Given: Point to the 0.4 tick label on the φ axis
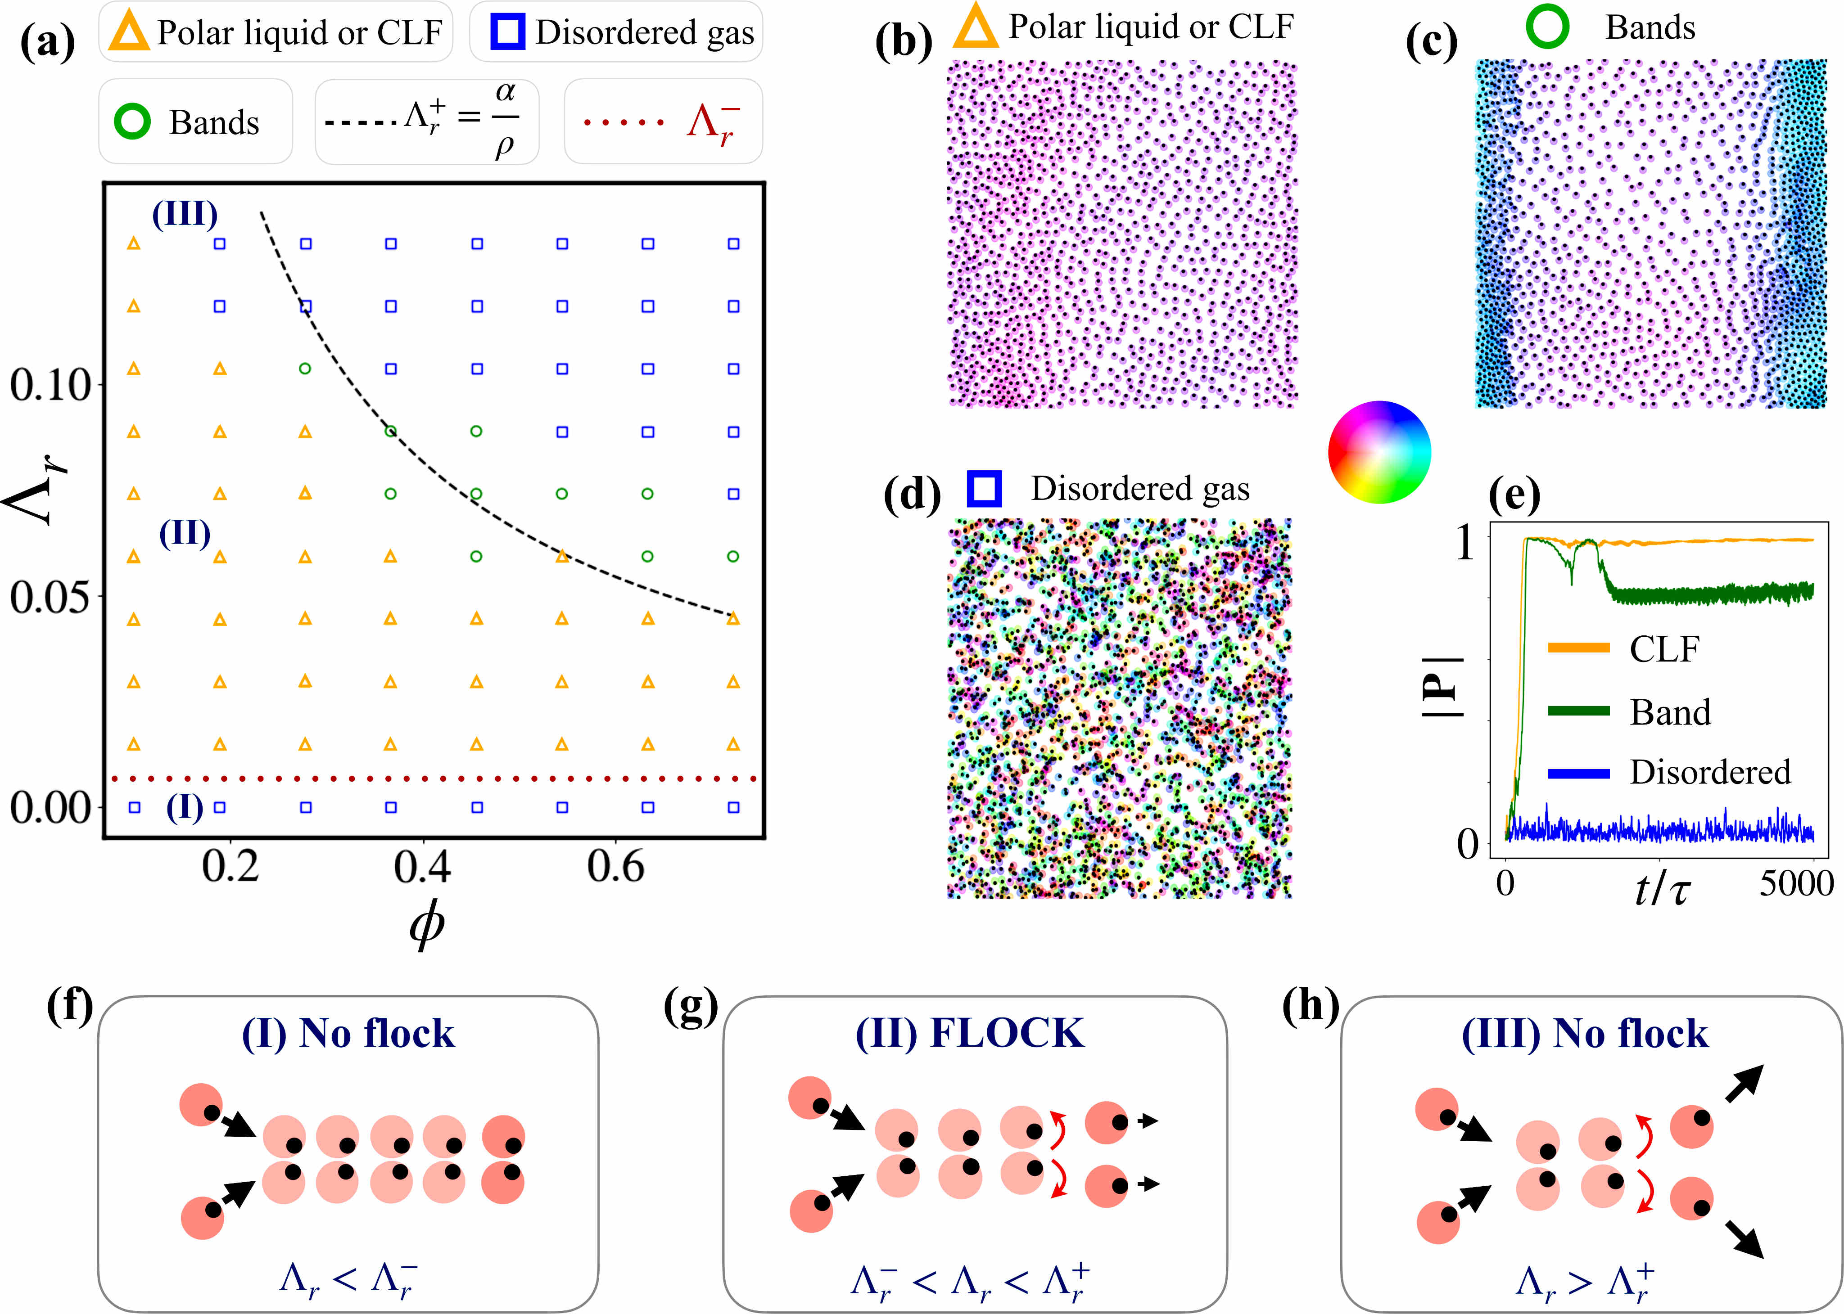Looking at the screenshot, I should (x=422, y=867).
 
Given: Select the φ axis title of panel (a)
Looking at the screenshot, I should (x=427, y=924).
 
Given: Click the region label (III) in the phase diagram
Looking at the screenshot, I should (x=185, y=214).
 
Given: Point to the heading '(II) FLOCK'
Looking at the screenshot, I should (x=970, y=1034).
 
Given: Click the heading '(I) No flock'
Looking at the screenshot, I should (x=348, y=1034).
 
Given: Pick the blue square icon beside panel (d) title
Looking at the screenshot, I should (x=984, y=489).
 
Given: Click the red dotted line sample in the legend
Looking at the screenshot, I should (x=624, y=122).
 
